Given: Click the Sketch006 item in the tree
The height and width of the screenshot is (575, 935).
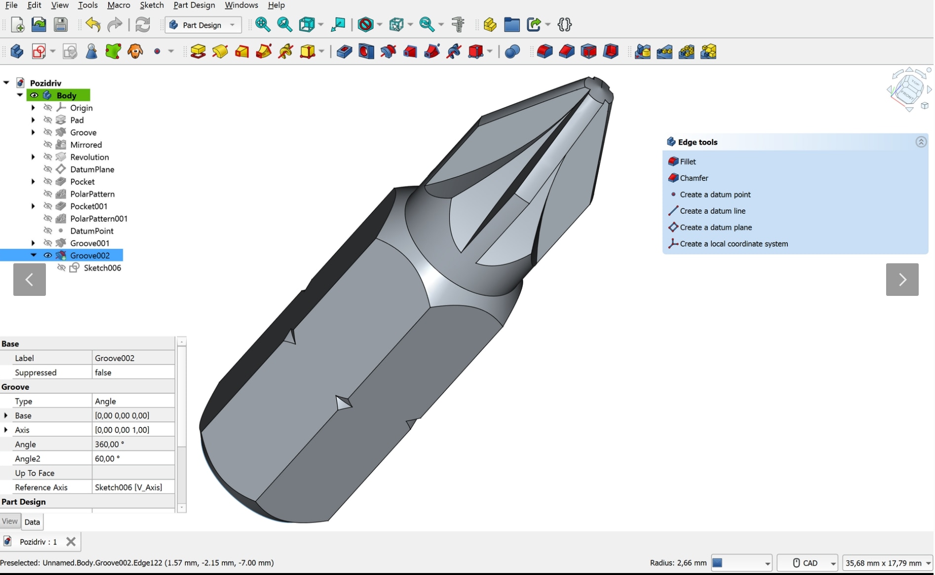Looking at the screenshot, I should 102,268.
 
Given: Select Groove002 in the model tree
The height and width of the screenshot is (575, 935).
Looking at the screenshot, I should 89,255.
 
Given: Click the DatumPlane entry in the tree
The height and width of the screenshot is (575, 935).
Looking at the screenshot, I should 92,169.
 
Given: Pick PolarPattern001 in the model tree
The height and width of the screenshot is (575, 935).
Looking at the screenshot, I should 99,218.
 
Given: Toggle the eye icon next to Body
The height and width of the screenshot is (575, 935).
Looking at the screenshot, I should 34,95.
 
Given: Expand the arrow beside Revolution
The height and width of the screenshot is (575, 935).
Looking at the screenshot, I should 33,157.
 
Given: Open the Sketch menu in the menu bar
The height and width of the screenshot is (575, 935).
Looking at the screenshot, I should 152,5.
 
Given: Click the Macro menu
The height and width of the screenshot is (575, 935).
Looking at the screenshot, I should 118,5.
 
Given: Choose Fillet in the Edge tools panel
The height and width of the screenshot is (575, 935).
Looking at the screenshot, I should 688,162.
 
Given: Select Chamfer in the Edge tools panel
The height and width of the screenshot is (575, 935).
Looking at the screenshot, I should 694,178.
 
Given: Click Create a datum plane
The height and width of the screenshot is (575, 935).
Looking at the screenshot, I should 715,227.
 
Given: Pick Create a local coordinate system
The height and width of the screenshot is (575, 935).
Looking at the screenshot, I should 734,244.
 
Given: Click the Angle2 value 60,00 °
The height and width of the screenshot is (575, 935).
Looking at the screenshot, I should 132,458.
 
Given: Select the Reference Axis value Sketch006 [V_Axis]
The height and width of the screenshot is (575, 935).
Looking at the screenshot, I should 132,487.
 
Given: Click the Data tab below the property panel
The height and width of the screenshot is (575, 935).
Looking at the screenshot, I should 32,522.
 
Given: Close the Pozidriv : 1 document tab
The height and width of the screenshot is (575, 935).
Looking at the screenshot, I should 71,542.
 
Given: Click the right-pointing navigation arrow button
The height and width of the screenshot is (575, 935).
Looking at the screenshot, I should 902,280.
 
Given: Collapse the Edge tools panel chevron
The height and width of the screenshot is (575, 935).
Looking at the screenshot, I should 921,142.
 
